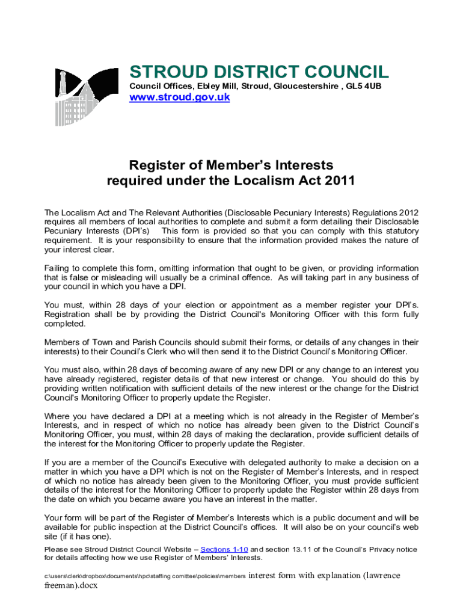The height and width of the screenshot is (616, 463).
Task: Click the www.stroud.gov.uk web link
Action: tap(180, 98)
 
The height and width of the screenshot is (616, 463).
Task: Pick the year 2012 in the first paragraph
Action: tap(408, 213)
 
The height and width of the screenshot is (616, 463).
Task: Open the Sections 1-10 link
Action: tap(224, 549)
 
